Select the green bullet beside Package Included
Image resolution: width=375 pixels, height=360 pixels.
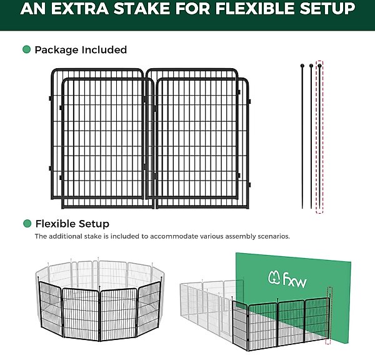tap(26, 49)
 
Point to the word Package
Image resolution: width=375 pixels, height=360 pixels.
tap(56, 50)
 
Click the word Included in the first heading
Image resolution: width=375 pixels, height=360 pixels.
tap(104, 50)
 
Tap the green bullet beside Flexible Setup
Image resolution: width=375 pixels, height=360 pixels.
tap(27, 224)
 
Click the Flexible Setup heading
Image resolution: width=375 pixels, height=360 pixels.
tap(72, 224)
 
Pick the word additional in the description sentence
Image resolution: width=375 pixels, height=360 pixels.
tap(66, 236)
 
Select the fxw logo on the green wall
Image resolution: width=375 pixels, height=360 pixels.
tap(287, 279)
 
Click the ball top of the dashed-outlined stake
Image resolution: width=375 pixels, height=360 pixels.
tap(320, 65)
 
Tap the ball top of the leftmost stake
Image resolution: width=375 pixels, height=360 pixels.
tap(302, 65)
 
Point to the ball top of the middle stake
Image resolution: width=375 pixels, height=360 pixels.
tap(311, 65)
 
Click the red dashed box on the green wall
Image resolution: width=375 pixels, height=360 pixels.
tap(329, 315)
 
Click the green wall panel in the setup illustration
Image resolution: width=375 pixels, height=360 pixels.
tap(294, 275)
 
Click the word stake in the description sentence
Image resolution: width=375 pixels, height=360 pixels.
tap(92, 236)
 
